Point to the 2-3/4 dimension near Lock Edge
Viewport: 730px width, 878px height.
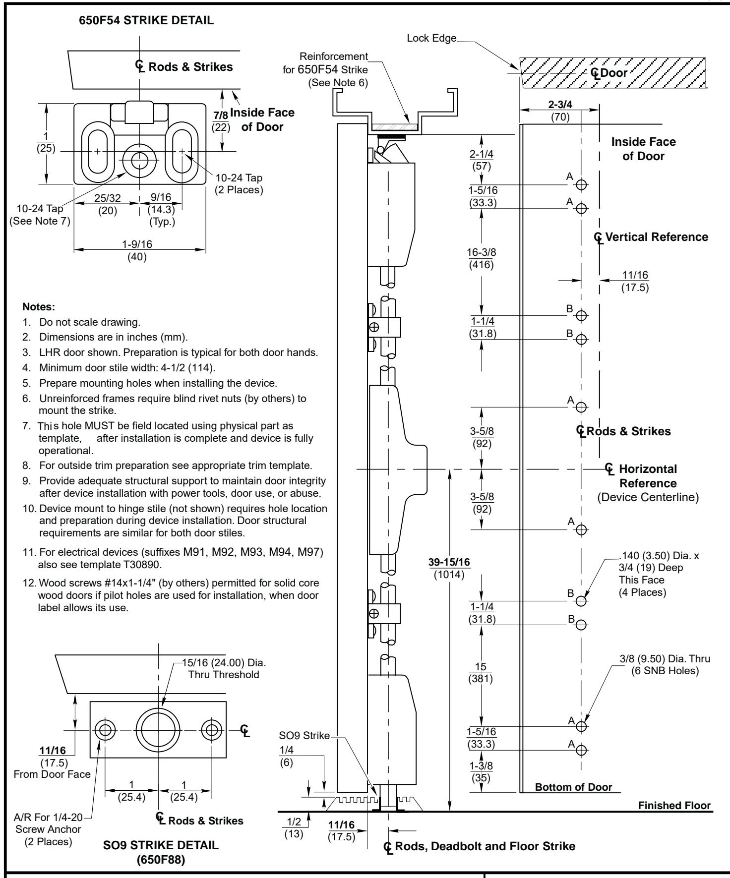point(559,106)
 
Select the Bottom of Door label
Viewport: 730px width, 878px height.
point(574,787)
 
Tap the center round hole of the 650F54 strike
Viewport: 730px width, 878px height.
point(140,160)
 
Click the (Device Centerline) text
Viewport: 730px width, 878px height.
point(649,498)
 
